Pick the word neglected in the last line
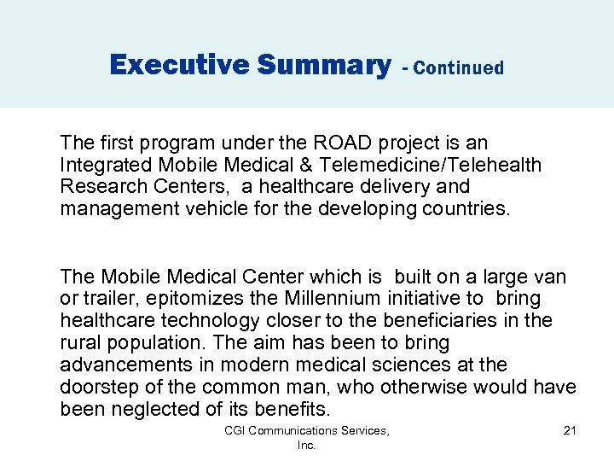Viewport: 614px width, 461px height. (156, 408)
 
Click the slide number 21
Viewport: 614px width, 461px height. (570, 431)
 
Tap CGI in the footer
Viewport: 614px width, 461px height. (234, 431)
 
